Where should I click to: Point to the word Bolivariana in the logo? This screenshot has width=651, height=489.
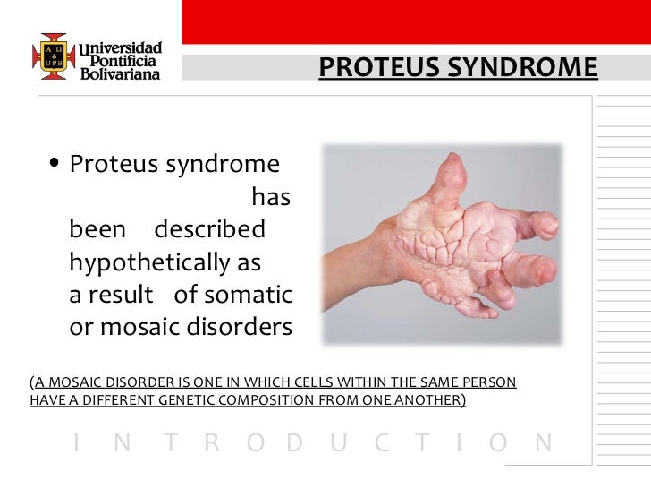[x=121, y=76]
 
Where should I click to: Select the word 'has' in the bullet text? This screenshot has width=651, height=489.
[x=271, y=197]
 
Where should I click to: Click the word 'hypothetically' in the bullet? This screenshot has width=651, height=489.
[x=153, y=263]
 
